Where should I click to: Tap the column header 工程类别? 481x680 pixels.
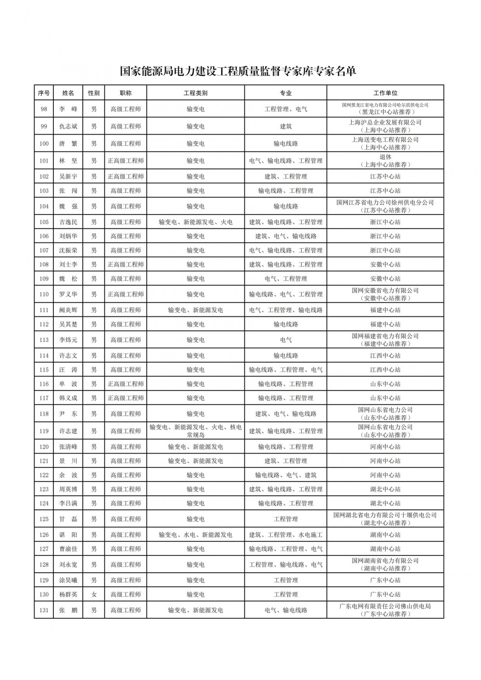click(x=195, y=93)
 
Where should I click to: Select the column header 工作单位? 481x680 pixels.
click(x=385, y=93)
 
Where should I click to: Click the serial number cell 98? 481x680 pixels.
click(x=44, y=109)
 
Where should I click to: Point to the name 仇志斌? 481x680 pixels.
click(x=68, y=126)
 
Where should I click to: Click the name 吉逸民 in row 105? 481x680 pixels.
click(x=68, y=222)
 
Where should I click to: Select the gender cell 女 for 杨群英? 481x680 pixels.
click(x=94, y=595)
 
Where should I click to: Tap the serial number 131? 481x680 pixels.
click(x=44, y=610)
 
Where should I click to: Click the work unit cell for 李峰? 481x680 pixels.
click(x=385, y=109)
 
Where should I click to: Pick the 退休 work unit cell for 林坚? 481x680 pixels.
click(x=385, y=161)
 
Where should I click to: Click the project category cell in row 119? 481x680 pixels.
click(x=195, y=431)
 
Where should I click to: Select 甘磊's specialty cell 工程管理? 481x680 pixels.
click(x=285, y=519)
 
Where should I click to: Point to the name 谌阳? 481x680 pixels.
click(x=68, y=535)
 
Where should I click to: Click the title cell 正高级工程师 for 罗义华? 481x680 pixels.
click(x=126, y=294)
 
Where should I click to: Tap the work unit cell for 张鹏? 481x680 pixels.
click(x=385, y=610)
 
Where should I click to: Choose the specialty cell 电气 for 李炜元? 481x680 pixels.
click(x=285, y=340)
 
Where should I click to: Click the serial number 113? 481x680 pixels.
click(x=44, y=340)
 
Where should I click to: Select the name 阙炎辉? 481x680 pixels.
click(x=68, y=310)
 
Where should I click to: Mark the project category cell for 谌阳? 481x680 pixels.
click(x=195, y=535)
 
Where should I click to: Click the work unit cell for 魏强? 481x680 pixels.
click(x=385, y=206)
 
